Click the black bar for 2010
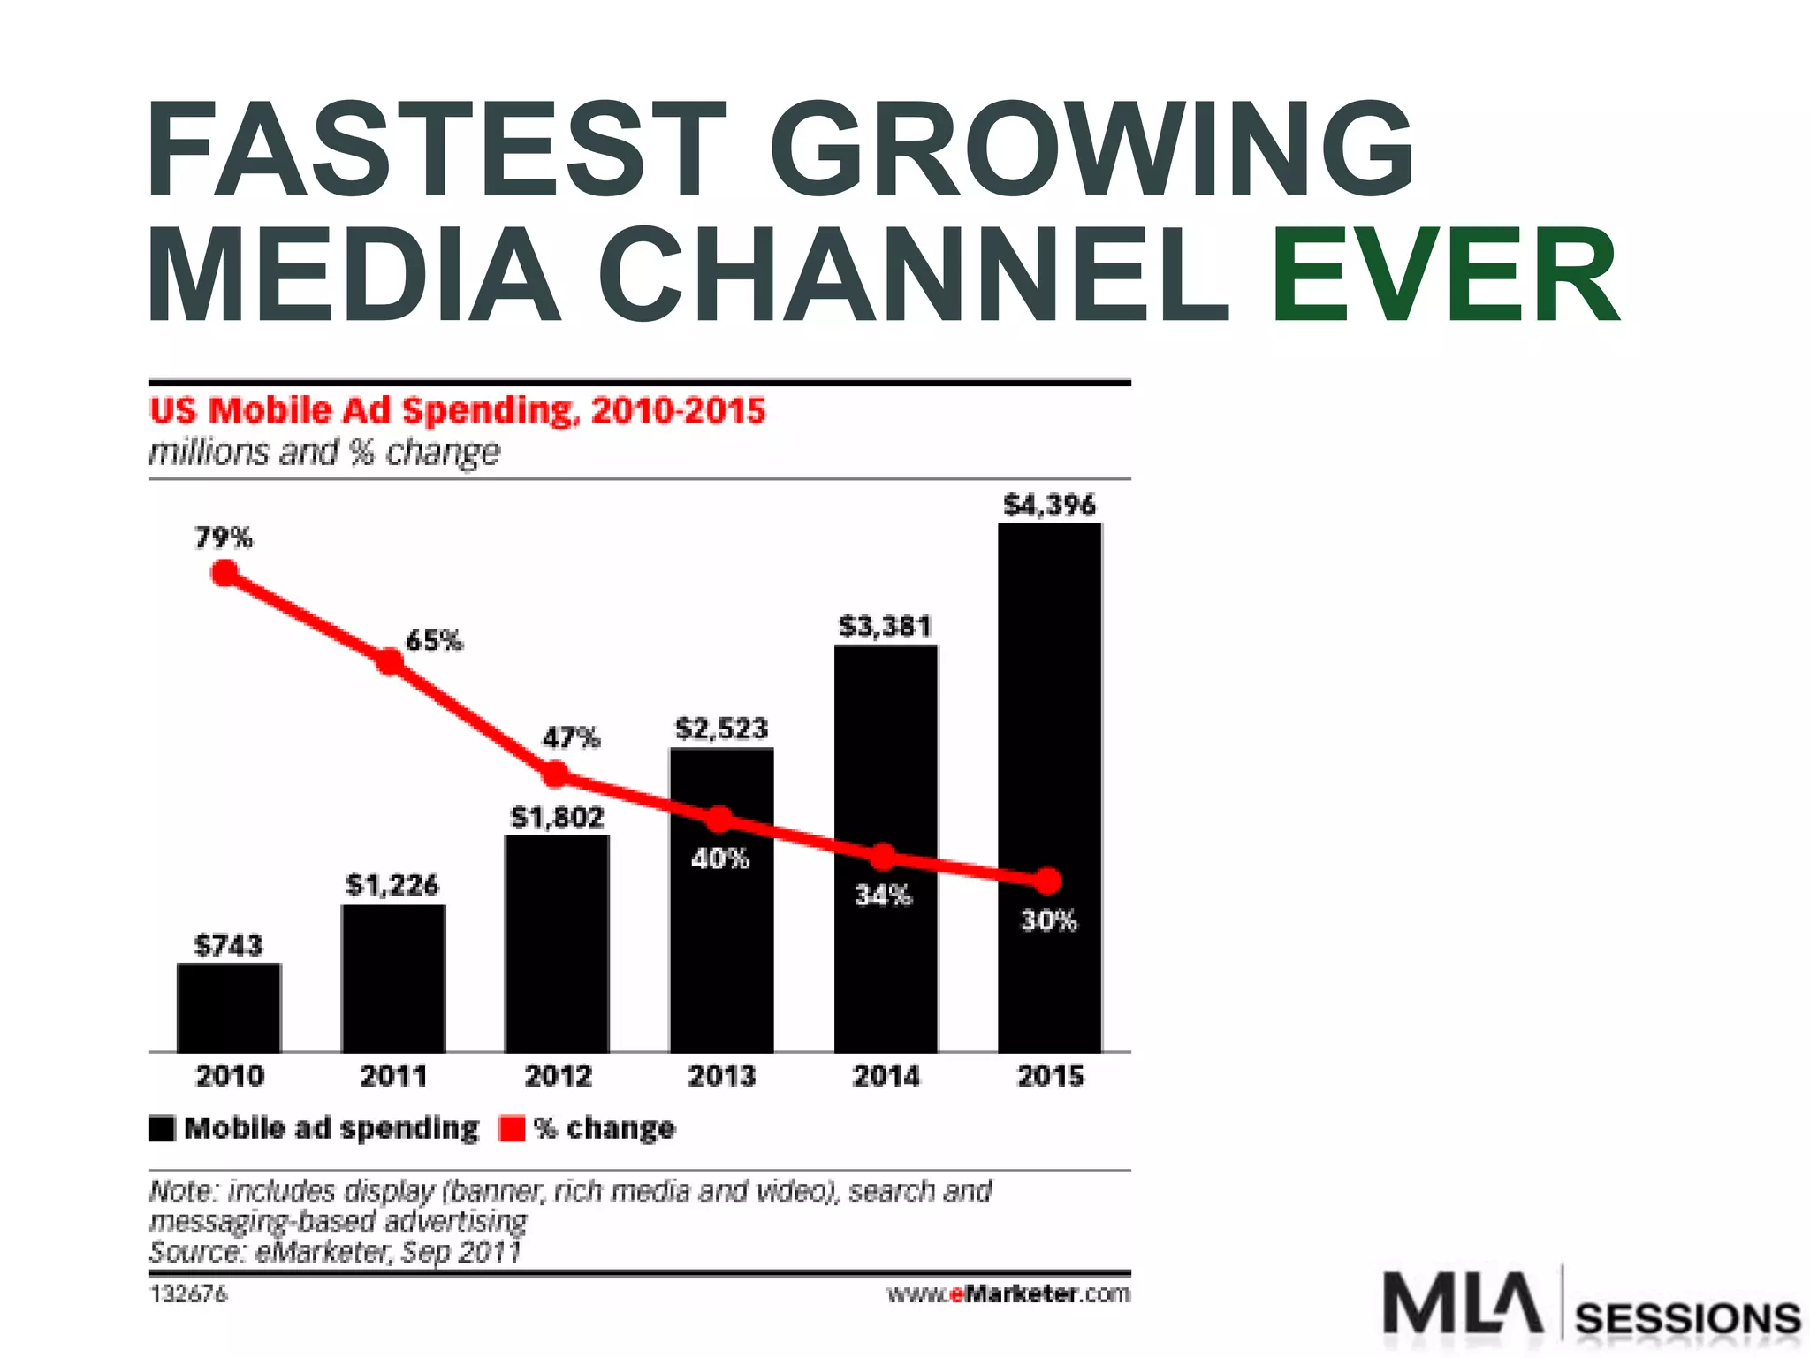tap(229, 1008)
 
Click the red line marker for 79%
tap(225, 574)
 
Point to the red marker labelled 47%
tap(554, 774)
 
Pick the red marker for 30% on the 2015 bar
tap(1047, 881)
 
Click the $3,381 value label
tap(885, 627)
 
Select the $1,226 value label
tap(392, 885)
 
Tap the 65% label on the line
tap(433, 640)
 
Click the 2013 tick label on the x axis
tap(721, 1076)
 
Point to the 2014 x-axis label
tap(886, 1076)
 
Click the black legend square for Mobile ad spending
tap(162, 1129)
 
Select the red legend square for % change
tap(512, 1129)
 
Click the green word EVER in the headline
tap(1444, 274)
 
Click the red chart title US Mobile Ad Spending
tap(457, 411)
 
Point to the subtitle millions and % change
tap(323, 453)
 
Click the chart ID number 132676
tap(188, 1294)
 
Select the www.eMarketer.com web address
tap(1008, 1294)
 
